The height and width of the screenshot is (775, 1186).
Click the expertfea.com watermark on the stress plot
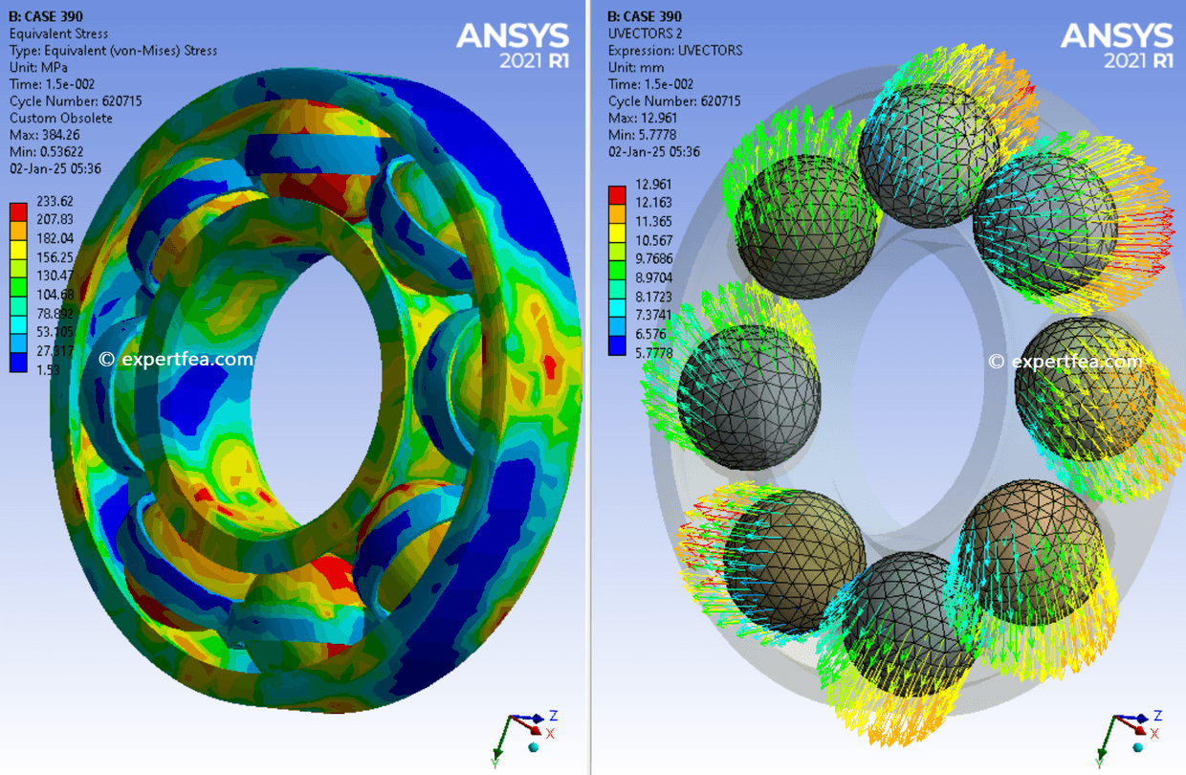pyautogui.click(x=176, y=360)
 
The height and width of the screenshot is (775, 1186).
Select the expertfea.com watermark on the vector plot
pyautogui.click(x=1065, y=362)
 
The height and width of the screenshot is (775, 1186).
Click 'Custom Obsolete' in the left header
pyautogui.click(x=60, y=118)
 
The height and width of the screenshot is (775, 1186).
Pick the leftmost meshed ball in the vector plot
pyautogui.click(x=749, y=397)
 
